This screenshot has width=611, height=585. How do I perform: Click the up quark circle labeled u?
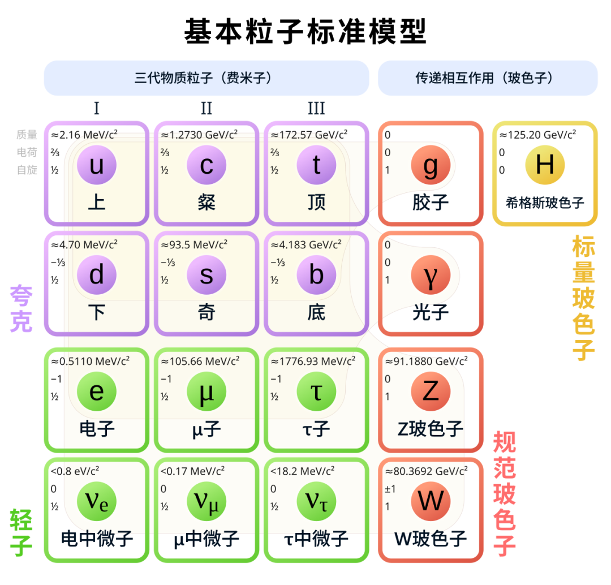(97, 165)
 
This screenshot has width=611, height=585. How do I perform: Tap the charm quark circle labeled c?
(206, 165)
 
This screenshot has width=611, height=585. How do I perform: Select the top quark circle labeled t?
(316, 165)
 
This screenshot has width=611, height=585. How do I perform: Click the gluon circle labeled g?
(431, 165)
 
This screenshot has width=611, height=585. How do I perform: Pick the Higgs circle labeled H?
(545, 165)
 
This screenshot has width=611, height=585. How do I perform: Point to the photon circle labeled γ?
(431, 275)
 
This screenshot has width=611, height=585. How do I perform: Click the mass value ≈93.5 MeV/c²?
(194, 245)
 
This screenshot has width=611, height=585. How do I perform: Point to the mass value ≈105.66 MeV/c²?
(200, 362)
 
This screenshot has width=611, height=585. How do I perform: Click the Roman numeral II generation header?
(206, 109)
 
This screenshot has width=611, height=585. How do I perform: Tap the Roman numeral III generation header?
(316, 109)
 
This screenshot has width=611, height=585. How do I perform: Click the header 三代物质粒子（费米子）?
(206, 78)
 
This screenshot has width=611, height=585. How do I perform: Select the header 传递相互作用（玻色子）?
(488, 78)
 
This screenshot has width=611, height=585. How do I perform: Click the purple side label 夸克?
(21, 308)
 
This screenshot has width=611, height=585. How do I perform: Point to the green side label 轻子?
(21, 532)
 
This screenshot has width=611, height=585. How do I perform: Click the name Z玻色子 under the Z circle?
(431, 429)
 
